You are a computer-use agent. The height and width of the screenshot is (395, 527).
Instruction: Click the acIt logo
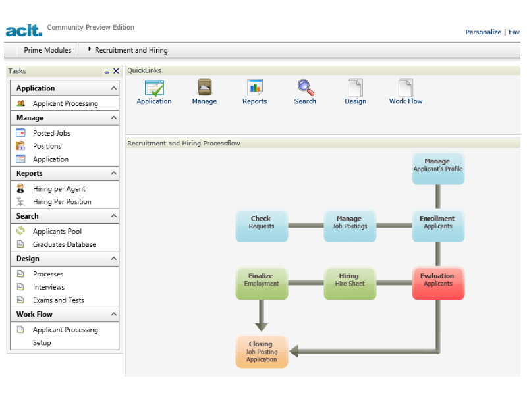click(24, 30)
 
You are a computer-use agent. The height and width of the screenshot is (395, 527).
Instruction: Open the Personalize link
click(483, 32)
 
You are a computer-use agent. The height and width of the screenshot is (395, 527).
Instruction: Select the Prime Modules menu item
click(47, 50)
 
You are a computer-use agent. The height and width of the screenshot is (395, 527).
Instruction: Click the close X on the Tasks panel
click(116, 71)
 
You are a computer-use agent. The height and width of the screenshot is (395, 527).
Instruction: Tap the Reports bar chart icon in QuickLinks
click(255, 88)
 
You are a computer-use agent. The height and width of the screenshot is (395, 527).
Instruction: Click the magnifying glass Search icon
click(306, 88)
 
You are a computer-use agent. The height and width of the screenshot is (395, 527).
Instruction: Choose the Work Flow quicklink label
click(406, 101)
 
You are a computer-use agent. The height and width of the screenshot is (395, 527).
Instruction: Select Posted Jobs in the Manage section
click(51, 133)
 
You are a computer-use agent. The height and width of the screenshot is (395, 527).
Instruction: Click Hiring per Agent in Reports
click(59, 189)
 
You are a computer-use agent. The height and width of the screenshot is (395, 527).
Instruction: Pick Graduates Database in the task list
click(64, 244)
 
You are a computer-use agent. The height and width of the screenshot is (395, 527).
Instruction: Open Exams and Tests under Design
click(59, 300)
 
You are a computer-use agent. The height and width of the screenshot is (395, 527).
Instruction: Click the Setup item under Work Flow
click(42, 342)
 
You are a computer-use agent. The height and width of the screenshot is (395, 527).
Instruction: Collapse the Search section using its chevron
click(113, 216)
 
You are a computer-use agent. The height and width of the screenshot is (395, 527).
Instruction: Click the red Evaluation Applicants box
click(438, 283)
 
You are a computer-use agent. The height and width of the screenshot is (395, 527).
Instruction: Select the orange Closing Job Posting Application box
click(262, 352)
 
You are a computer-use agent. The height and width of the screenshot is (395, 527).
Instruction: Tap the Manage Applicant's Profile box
click(438, 169)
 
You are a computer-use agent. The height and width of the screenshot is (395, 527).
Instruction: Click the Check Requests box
click(262, 226)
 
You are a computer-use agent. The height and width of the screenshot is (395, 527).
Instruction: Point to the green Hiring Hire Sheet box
click(350, 283)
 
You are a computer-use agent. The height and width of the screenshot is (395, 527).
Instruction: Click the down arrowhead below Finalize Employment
click(262, 327)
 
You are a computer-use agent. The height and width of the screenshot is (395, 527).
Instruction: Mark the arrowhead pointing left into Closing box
click(293, 352)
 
